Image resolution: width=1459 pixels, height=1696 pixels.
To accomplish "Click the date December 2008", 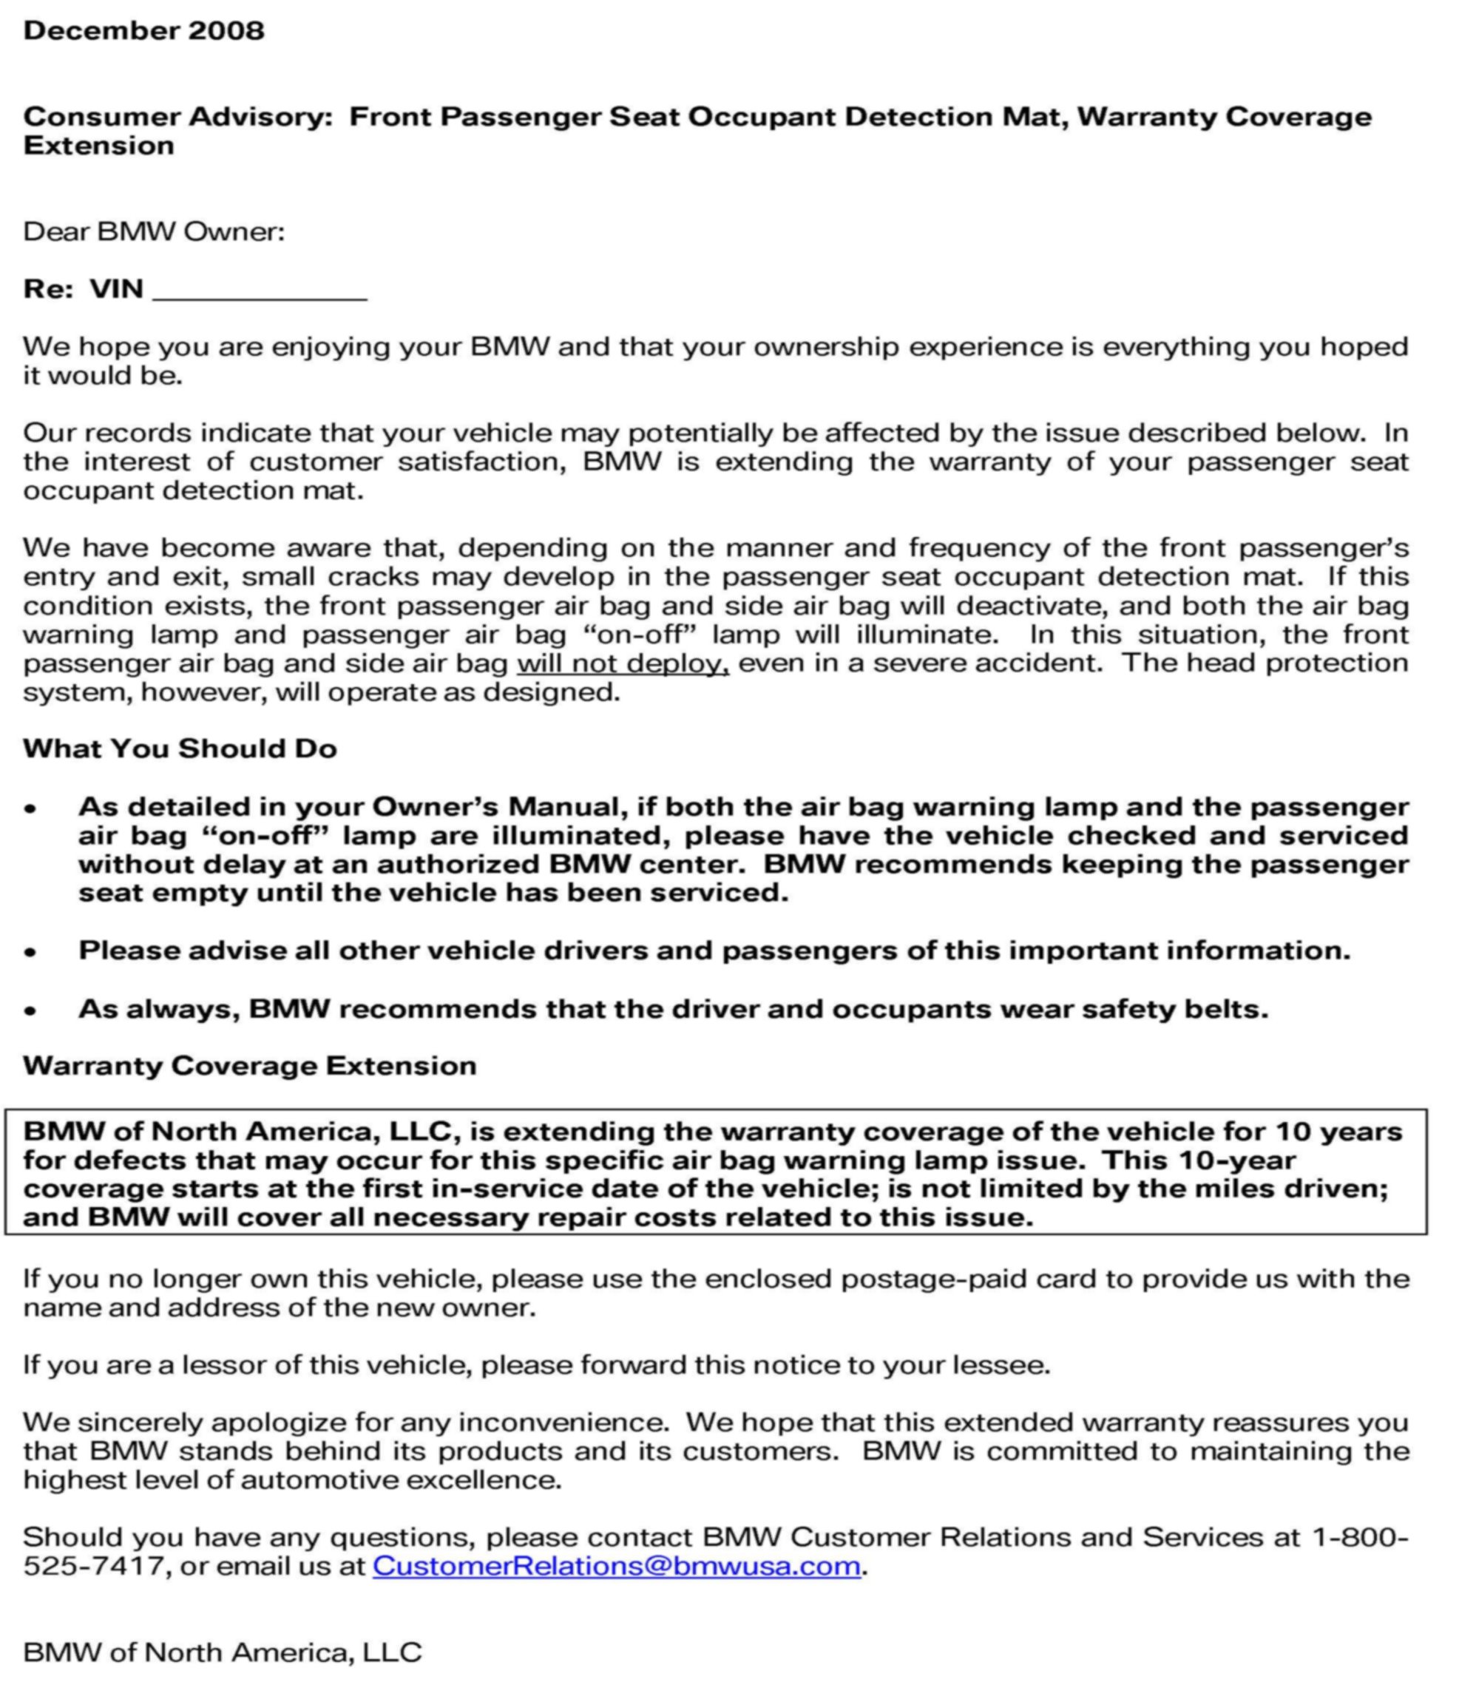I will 144,30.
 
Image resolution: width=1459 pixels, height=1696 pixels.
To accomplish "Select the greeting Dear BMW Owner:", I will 154,232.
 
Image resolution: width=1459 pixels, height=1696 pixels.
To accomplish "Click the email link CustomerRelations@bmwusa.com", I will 616,1566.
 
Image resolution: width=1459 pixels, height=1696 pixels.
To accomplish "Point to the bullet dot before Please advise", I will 30,952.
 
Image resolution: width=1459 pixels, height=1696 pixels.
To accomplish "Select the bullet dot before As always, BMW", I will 30,1010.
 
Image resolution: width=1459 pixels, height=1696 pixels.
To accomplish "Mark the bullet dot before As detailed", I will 30,808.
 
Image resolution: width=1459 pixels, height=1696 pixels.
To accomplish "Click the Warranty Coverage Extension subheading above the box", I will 250,1066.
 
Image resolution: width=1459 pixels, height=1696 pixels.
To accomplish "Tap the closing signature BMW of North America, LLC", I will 222,1652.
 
